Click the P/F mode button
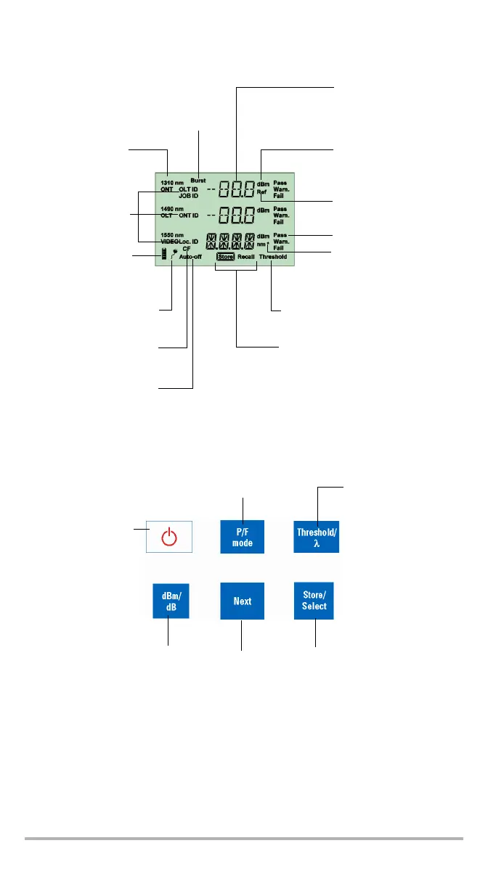tap(243, 538)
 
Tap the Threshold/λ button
tap(317, 538)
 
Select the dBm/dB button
tap(171, 601)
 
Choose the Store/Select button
tap(314, 601)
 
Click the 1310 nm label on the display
tap(172, 183)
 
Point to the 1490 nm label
tap(172, 209)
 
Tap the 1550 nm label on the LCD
tap(172, 236)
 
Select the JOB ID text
tap(188, 196)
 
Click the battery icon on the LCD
tap(164, 253)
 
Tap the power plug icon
tap(174, 252)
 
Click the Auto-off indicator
tap(191, 257)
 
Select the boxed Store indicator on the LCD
tap(225, 257)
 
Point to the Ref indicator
tap(261, 192)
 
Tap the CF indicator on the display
tap(187, 249)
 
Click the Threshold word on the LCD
tap(273, 257)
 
